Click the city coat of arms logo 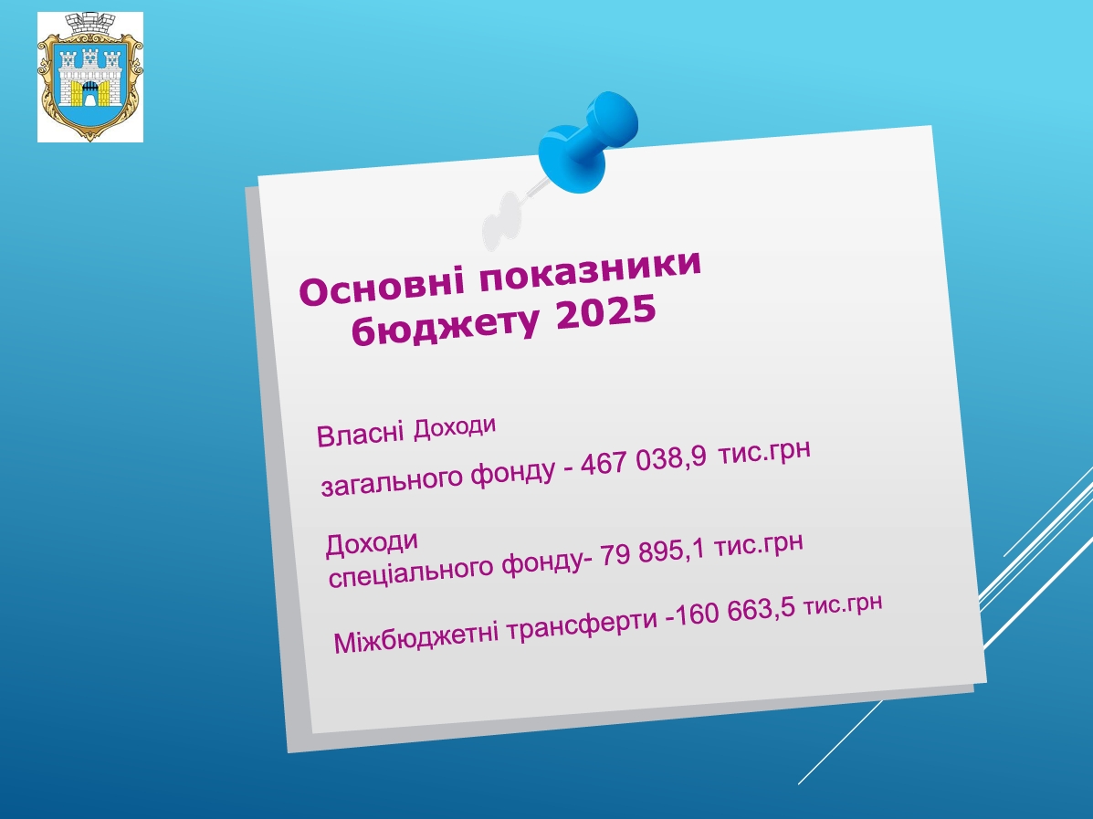pyautogui.click(x=89, y=77)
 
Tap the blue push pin pyautogui.click(x=588, y=142)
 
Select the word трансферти pyautogui.click(x=582, y=623)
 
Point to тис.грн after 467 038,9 pyautogui.click(x=764, y=452)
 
